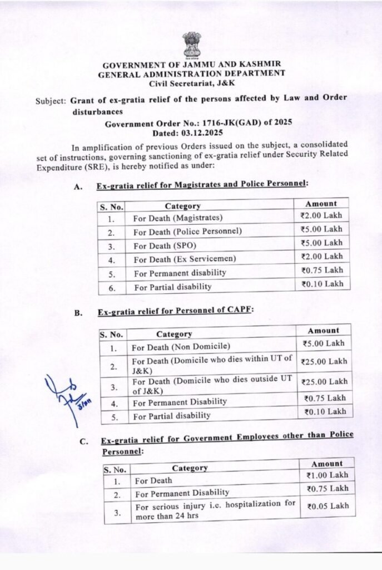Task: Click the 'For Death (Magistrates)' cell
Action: point(178,218)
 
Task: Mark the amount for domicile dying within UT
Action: point(324,361)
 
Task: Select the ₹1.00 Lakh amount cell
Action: point(327,476)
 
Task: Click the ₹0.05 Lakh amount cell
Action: point(327,505)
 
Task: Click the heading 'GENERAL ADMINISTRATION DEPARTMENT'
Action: point(192,73)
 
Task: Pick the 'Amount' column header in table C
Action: point(327,464)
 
